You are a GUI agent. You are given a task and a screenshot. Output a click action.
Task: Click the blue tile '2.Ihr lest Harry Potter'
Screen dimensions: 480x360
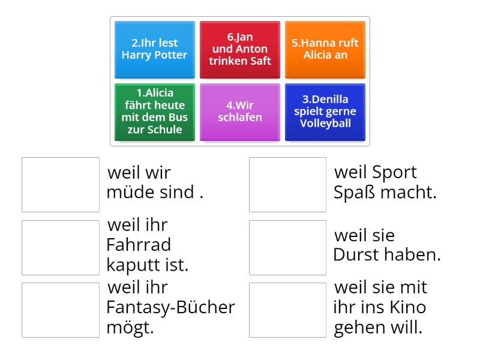(x=155, y=50)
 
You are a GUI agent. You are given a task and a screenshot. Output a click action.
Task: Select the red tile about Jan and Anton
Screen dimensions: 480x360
(x=239, y=50)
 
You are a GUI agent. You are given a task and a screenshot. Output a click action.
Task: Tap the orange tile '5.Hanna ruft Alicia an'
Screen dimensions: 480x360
(x=325, y=50)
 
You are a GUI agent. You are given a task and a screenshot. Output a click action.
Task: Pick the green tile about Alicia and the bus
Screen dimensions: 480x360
(x=155, y=112)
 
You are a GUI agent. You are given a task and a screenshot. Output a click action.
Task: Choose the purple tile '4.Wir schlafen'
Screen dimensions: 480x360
(x=239, y=112)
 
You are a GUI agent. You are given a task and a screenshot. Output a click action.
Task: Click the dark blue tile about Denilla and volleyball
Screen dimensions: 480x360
(x=325, y=112)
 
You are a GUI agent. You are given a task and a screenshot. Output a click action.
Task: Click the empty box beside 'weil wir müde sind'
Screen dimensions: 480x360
(x=61, y=185)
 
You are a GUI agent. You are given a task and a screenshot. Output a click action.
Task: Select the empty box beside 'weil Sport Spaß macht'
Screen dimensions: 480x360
(x=288, y=185)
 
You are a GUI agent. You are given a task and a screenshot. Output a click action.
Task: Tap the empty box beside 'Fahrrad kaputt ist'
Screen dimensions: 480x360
(x=61, y=248)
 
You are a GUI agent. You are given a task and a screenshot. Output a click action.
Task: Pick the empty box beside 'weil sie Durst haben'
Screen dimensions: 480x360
(x=288, y=248)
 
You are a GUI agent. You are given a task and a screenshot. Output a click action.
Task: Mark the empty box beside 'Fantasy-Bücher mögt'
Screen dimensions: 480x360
(x=61, y=310)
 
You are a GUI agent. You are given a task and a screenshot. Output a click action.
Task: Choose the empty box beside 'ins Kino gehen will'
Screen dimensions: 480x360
(x=288, y=310)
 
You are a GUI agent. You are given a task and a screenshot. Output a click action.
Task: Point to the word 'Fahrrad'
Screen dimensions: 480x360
(x=139, y=245)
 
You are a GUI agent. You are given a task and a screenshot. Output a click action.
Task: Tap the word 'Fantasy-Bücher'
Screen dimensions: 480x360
(x=171, y=307)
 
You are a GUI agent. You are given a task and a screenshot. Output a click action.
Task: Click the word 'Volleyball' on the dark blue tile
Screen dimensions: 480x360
(x=325, y=124)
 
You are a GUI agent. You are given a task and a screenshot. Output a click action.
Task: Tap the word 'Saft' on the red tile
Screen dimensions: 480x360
(x=260, y=61)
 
